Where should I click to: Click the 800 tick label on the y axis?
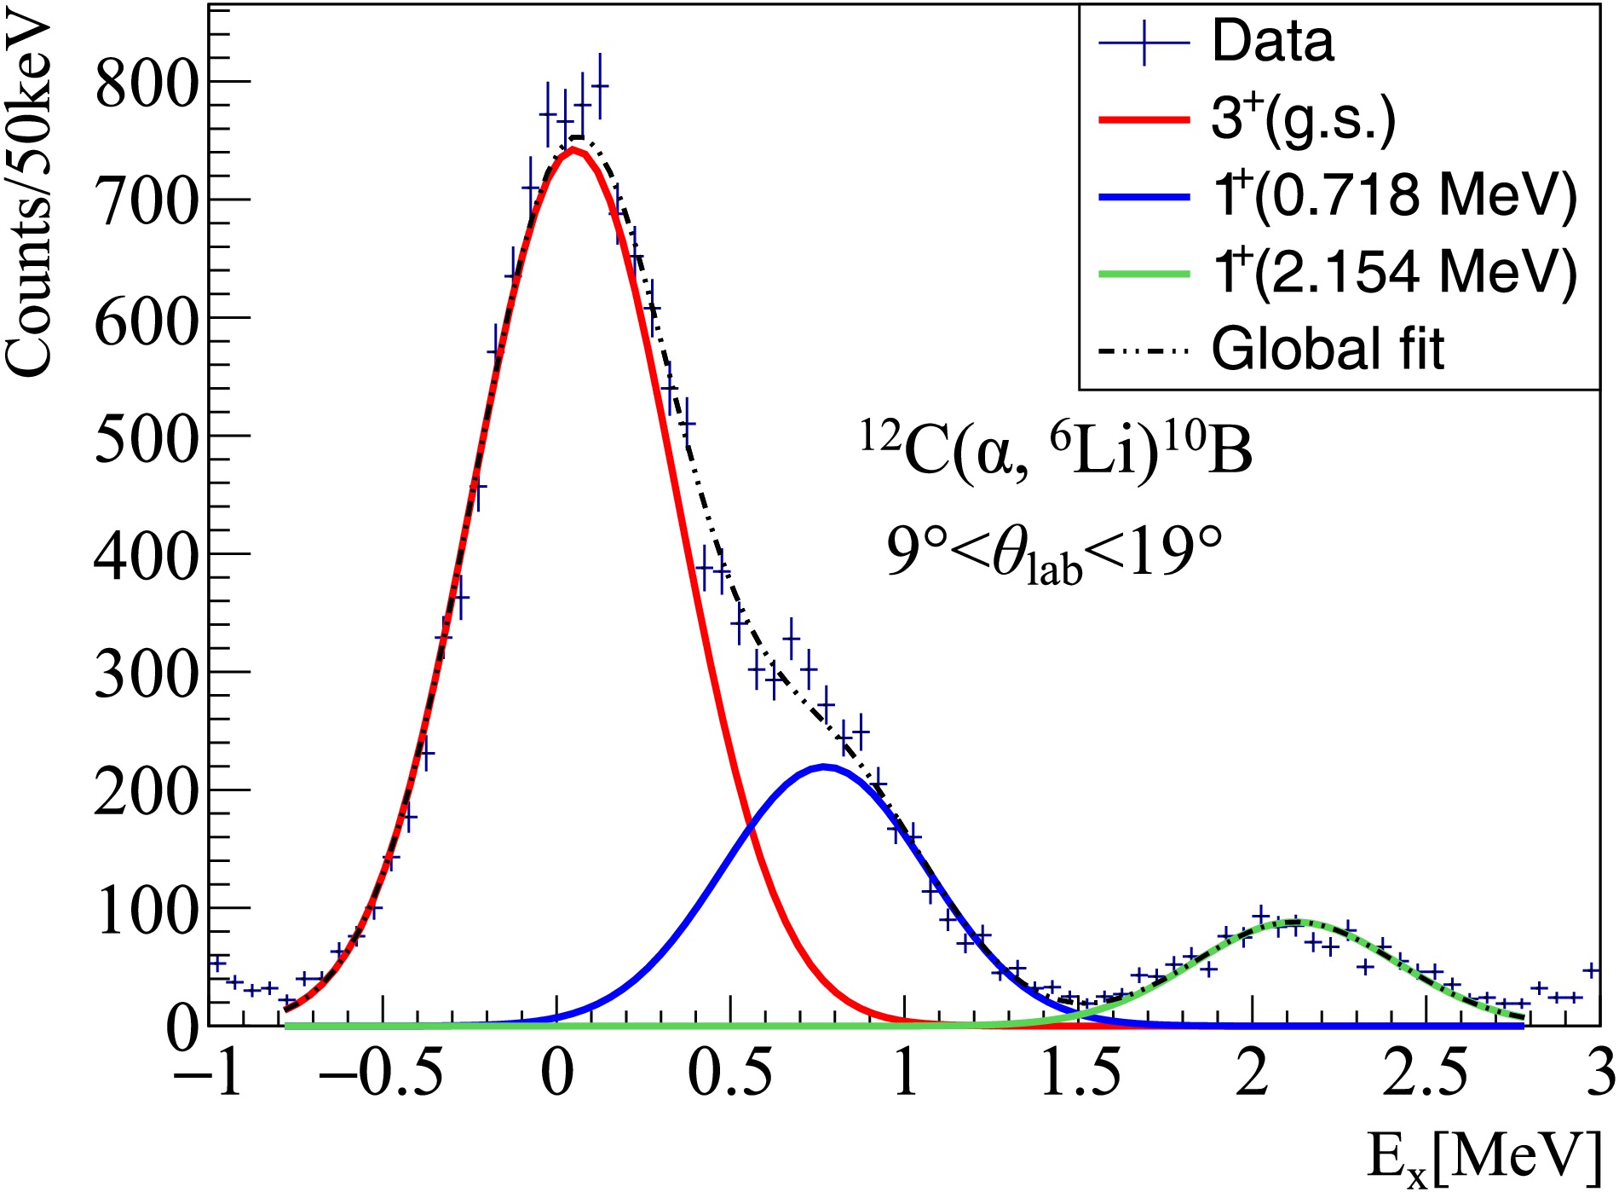[x=147, y=84]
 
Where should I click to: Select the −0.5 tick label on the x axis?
[x=381, y=1074]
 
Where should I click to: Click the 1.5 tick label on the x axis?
[x=1080, y=1074]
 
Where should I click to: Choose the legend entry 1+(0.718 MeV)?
[x=1395, y=195]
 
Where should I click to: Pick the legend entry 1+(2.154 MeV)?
[x=1395, y=273]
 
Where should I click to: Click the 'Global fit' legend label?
[x=1328, y=349]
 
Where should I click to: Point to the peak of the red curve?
[x=575, y=150]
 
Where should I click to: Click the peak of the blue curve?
[x=823, y=767]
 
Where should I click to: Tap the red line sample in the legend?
[x=1144, y=119]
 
